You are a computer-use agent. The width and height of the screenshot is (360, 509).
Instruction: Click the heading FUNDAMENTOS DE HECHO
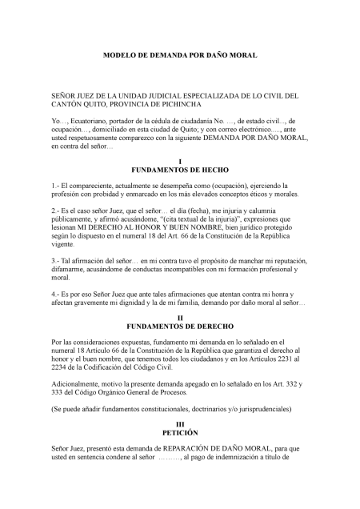179,170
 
